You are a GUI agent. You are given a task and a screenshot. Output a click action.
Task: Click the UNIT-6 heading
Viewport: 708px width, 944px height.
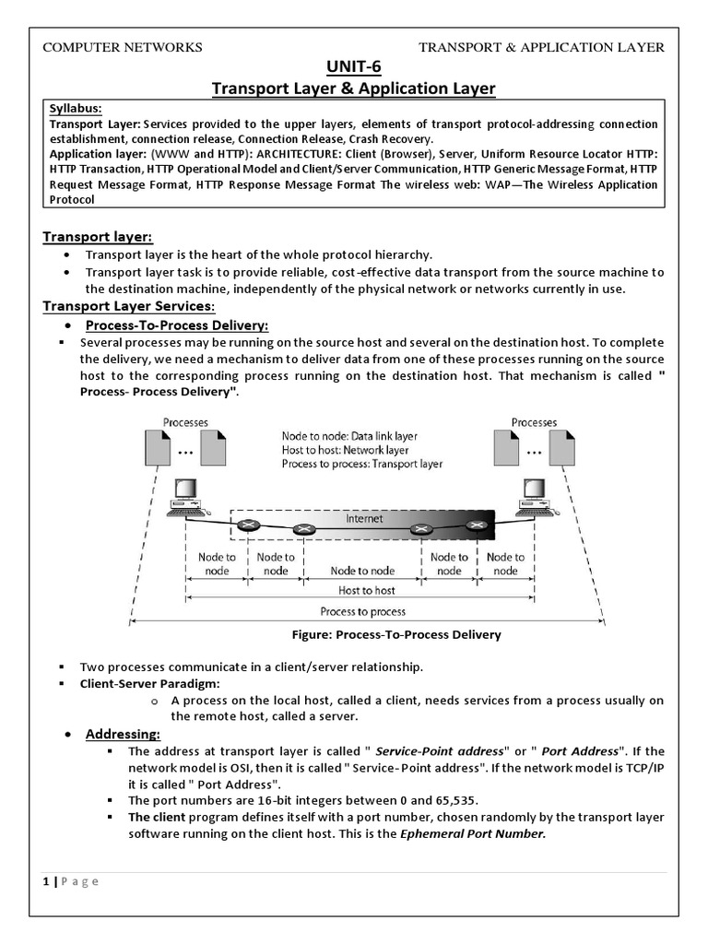[x=353, y=67]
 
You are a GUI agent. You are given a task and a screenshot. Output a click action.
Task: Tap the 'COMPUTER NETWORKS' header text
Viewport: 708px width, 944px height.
[x=123, y=48]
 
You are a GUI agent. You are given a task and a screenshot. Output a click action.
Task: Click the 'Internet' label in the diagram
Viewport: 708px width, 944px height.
[x=364, y=519]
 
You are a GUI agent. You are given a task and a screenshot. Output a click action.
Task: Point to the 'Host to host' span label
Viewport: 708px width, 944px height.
[x=367, y=590]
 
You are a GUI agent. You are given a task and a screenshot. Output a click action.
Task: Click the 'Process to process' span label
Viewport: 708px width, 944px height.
[x=362, y=611]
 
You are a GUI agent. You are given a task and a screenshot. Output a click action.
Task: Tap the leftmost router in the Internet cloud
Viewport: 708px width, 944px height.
[x=247, y=525]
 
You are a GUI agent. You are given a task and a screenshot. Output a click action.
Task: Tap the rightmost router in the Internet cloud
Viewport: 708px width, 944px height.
[x=476, y=525]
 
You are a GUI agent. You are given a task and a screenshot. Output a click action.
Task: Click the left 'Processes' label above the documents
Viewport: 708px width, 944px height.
[x=185, y=422]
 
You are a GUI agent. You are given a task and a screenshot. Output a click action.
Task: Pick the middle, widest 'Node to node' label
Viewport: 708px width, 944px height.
[x=362, y=571]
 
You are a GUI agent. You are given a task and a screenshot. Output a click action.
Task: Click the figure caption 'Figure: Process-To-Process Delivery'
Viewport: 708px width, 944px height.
[x=395, y=634]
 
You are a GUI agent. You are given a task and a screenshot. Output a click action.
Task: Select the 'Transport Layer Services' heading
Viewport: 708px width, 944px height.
[x=129, y=306]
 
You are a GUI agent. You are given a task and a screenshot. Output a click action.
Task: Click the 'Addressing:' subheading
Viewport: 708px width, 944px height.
[x=123, y=734]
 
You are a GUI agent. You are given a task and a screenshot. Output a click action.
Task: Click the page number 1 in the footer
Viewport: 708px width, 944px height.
[x=46, y=880]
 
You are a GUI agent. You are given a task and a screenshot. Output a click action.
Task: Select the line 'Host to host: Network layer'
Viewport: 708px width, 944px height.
[x=345, y=450]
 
